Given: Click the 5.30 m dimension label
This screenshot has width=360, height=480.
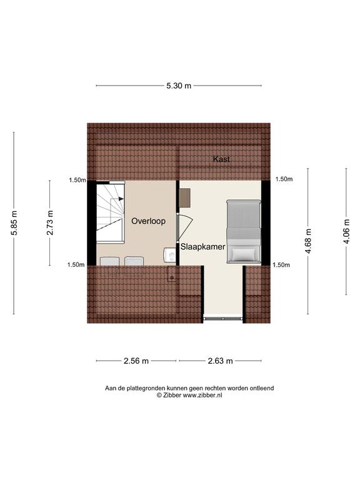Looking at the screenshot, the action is point(179,86).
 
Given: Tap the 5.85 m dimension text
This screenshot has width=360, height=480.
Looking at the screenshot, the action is point(14,223).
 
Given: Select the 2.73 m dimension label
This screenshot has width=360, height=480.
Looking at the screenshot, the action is point(50,222).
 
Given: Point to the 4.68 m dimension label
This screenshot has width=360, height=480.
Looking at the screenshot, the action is point(308,241).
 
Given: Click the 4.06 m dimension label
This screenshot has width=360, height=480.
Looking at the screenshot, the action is point(346,231).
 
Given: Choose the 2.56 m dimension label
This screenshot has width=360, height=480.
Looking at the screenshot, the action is point(136,361).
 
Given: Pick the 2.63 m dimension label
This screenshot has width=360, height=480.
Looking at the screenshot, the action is point(221,361).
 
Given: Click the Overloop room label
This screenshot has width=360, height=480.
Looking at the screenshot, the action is point(149,221).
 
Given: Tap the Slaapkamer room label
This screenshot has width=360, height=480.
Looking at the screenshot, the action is point(202,247).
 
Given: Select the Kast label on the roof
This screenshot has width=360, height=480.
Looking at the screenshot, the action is point(221,159).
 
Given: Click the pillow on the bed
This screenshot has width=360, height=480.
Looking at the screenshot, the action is point(244,254).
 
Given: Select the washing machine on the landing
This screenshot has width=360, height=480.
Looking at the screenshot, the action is point(169,255).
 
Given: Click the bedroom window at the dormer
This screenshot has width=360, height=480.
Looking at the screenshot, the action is point(223,319).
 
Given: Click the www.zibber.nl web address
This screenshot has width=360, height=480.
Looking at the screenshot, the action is point(202,395).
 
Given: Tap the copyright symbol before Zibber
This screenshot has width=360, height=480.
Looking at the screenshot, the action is point(159,395).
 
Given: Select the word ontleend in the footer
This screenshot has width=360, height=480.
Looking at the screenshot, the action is point(262,388).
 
